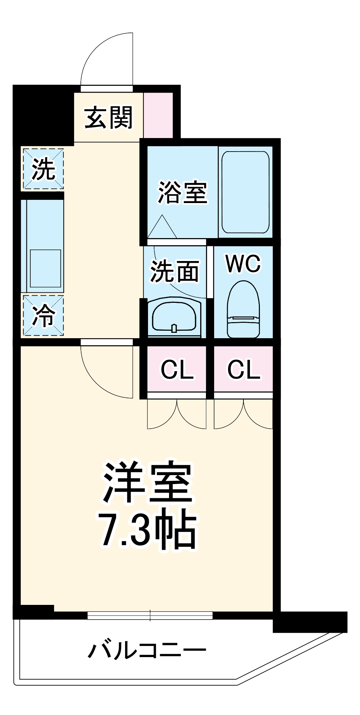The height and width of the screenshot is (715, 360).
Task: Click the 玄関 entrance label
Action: [108, 117]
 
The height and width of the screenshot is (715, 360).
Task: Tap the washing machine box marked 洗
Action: [43, 169]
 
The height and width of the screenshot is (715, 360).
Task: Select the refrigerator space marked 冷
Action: [43, 315]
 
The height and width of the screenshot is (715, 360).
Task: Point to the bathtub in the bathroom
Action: [245, 192]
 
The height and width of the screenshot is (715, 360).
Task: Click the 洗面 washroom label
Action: [174, 272]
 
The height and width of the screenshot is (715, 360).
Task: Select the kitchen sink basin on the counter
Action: [45, 268]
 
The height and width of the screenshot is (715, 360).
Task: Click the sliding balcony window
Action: [150, 615]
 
